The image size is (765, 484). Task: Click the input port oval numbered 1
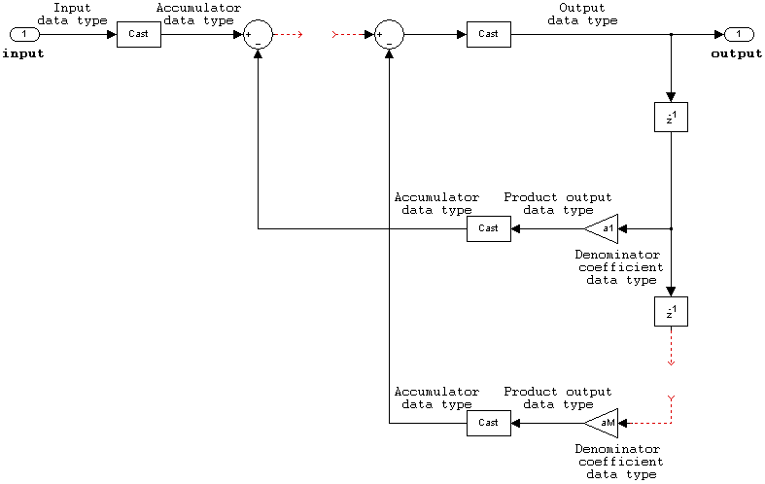24,35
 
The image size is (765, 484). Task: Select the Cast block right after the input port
139,35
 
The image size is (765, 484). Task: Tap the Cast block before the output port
488,35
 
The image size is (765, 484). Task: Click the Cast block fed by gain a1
488,228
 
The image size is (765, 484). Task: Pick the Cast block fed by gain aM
488,423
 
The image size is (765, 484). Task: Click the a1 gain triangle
604,228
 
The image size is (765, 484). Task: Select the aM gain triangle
604,423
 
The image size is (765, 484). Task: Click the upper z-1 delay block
671,118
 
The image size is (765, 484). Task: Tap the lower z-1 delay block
671,311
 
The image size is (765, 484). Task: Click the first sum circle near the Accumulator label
259,36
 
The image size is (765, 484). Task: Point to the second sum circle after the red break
389,36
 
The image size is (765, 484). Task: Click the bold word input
23,54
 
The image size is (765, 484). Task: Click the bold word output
737,54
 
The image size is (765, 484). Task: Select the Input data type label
72,14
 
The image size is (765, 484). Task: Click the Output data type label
582,14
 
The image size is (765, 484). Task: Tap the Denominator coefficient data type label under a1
620,267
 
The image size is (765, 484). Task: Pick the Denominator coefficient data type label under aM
620,462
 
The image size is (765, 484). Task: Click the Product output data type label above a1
558,203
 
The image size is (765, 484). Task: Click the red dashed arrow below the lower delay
671,350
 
